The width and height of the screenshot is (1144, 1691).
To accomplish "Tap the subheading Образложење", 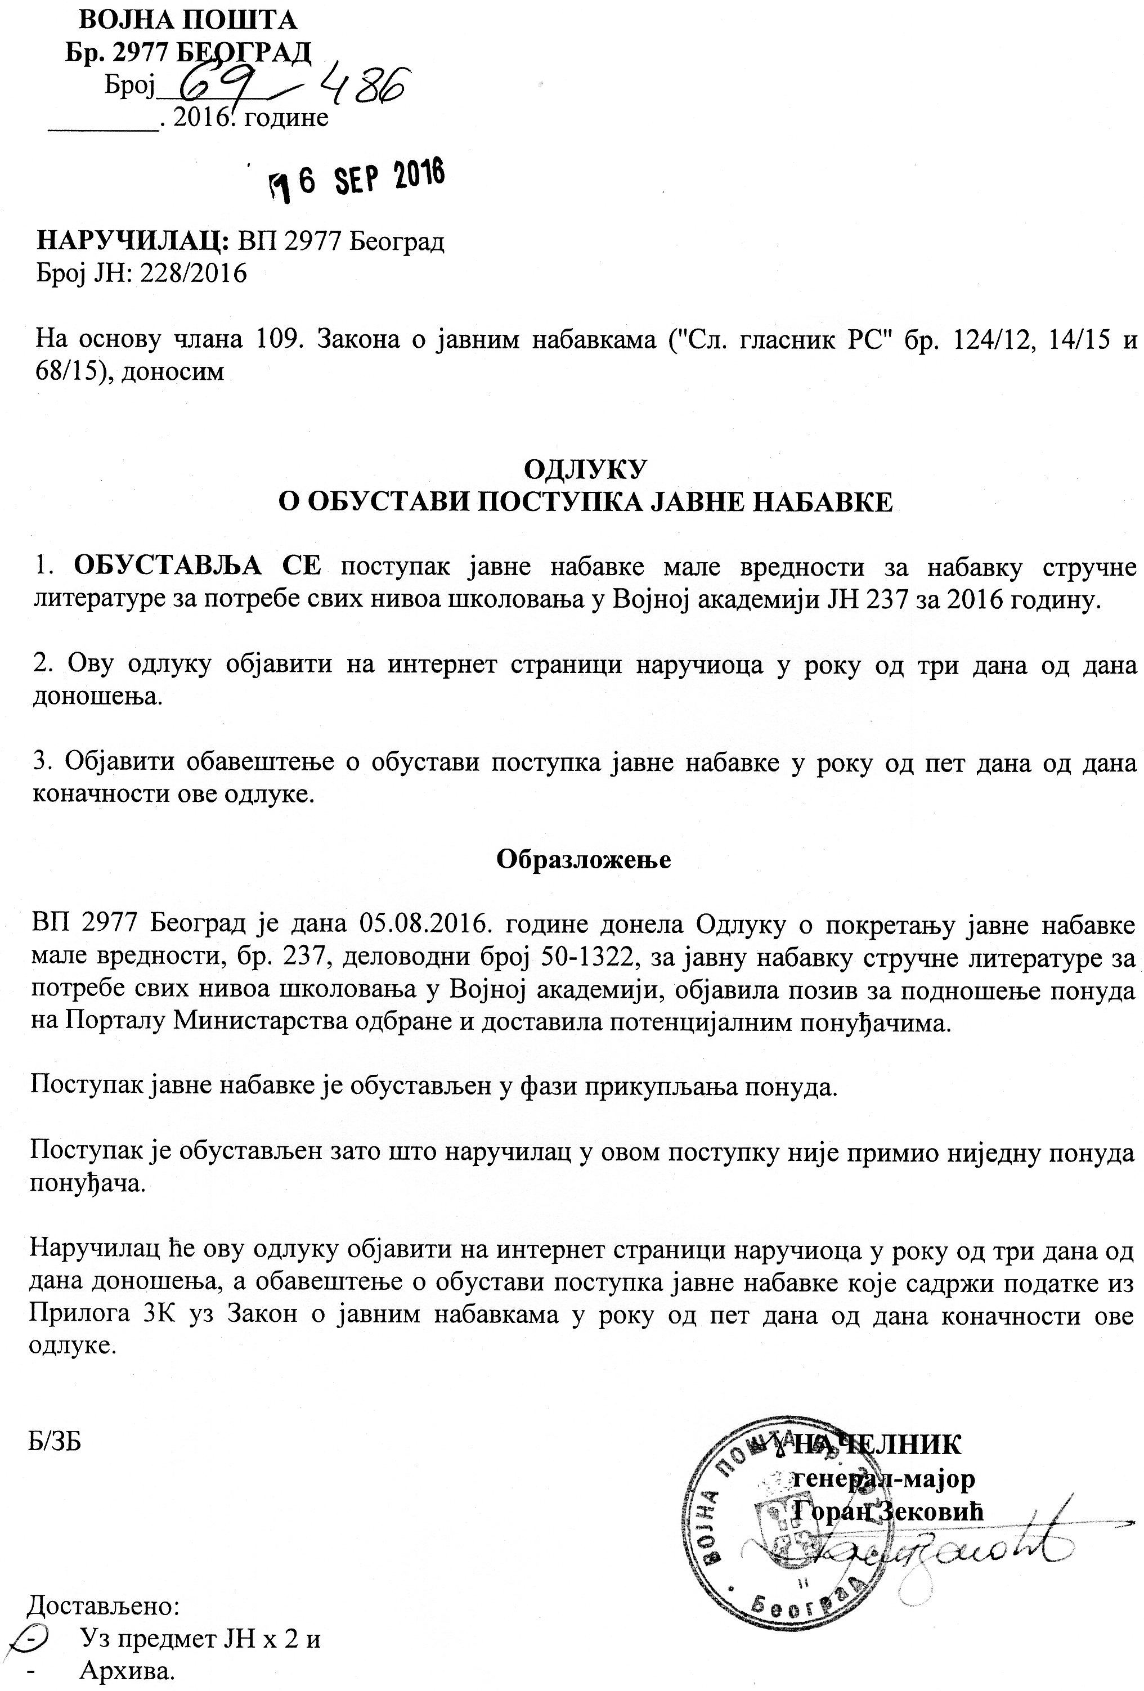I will point(584,859).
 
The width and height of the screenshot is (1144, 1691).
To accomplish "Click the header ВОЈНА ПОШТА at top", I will point(188,20).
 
